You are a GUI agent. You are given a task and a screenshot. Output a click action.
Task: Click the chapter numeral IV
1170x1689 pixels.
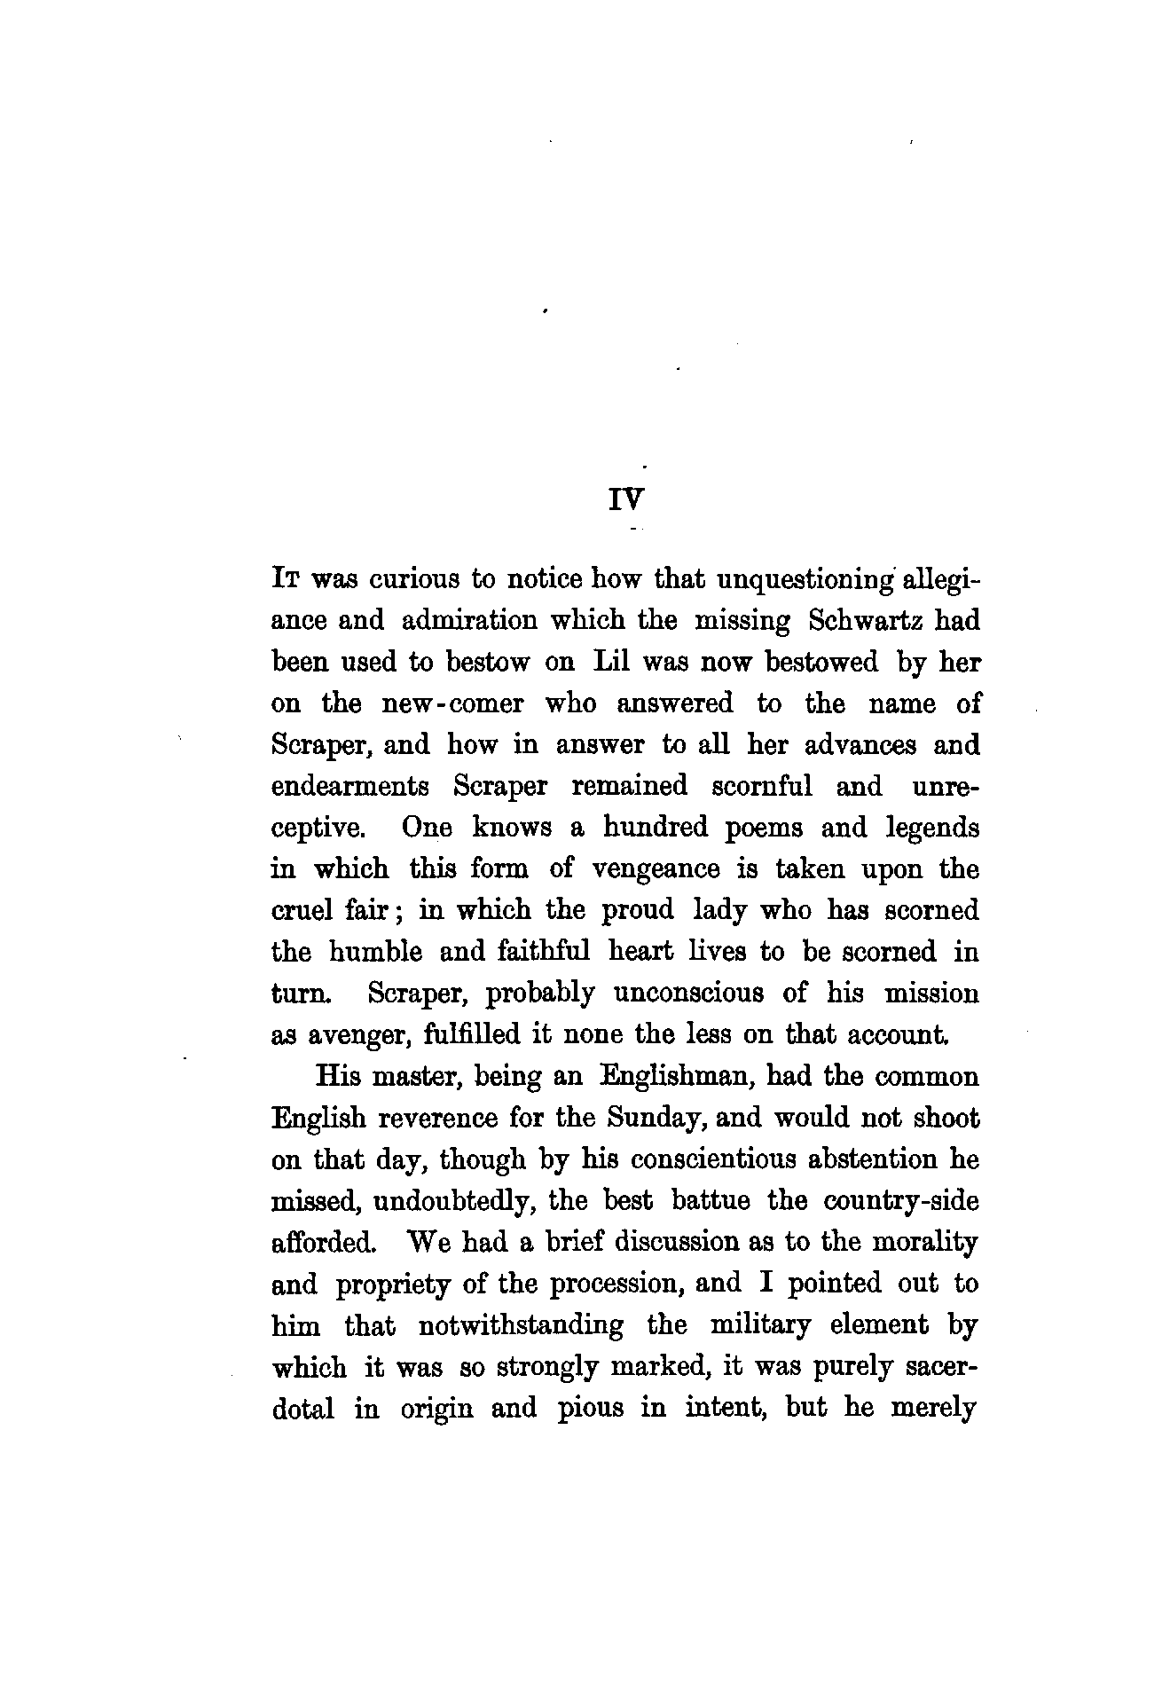pos(625,501)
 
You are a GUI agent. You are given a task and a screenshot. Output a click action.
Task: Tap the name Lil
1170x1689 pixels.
pos(609,663)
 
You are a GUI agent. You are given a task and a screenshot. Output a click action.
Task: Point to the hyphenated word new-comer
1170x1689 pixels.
pos(452,704)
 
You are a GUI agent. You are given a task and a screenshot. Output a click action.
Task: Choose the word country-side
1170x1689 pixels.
pos(901,1201)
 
